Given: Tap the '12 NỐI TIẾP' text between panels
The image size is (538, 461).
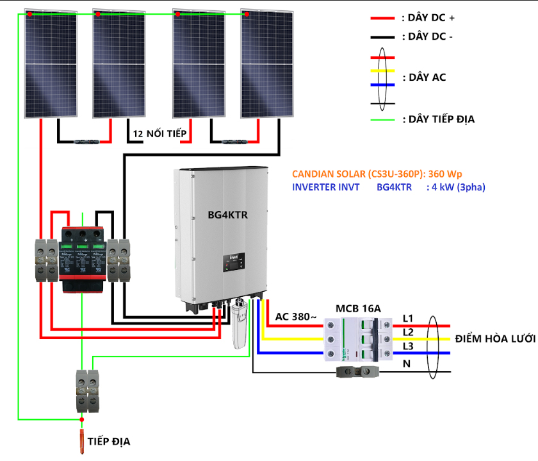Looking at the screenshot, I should click(159, 134).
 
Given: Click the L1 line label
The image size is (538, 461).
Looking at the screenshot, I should click(408, 318).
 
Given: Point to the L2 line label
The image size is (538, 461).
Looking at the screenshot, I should click(408, 332).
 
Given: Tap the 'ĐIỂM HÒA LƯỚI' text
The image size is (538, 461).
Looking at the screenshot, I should click(494, 338).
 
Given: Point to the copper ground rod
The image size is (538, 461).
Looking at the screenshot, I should click(81, 440).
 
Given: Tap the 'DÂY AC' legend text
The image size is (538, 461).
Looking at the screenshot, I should click(423, 78).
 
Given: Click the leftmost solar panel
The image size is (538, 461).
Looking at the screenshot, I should click(51, 64).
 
